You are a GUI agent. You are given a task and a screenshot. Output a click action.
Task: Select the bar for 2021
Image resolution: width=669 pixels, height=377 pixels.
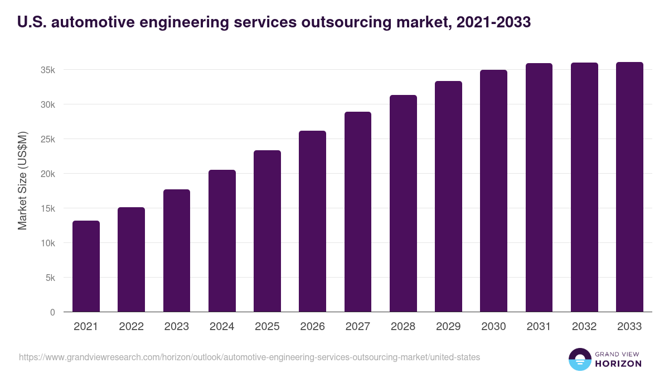pyautogui.click(x=86, y=266)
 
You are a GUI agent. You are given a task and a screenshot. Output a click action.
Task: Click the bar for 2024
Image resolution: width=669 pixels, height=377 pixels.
pyautogui.click(x=222, y=241)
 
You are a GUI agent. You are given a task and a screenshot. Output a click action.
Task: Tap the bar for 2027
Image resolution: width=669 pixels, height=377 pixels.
pyautogui.click(x=358, y=212)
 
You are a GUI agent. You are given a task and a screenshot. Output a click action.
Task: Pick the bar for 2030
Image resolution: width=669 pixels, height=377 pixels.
pyautogui.click(x=494, y=191)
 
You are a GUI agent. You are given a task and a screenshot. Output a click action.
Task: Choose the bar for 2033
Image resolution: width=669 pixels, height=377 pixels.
pyautogui.click(x=629, y=187)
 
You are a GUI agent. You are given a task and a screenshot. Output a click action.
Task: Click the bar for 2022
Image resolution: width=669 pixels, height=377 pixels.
pyautogui.click(x=131, y=260)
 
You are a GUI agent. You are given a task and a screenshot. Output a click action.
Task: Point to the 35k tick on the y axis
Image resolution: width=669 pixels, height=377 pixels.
pyautogui.click(x=47, y=70)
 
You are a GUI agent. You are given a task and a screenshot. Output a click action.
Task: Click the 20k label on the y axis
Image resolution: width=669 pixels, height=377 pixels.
pyautogui.click(x=47, y=174)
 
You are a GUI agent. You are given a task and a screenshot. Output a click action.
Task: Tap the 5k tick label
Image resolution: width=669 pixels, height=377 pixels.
pyautogui.click(x=50, y=278)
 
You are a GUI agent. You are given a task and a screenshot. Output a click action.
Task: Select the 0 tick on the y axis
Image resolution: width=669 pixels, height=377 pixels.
pyautogui.click(x=52, y=312)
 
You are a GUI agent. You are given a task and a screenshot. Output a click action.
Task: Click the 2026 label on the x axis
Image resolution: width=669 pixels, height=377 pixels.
pyautogui.click(x=312, y=327)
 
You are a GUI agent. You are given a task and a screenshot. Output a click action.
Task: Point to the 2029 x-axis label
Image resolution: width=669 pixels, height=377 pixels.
pyautogui.click(x=448, y=327)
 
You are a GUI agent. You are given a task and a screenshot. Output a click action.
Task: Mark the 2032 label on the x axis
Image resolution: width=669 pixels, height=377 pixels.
pyautogui.click(x=584, y=327)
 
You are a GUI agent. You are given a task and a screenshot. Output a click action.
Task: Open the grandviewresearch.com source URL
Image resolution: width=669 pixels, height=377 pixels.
pyautogui.click(x=249, y=357)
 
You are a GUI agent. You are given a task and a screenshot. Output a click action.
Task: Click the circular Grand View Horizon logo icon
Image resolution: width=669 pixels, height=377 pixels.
pyautogui.click(x=579, y=359)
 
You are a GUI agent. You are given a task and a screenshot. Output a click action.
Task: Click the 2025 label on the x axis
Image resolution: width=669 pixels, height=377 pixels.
pyautogui.click(x=267, y=327)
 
